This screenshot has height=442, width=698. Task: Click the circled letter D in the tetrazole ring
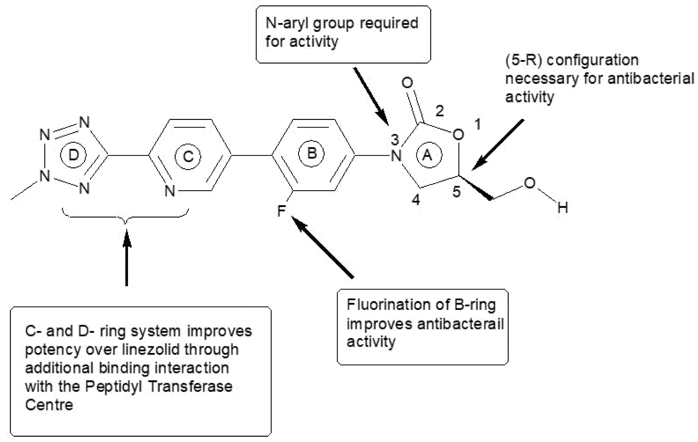(x=73, y=155)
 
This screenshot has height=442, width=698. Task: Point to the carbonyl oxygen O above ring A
(x=407, y=83)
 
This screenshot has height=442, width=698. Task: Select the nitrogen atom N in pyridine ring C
(x=170, y=191)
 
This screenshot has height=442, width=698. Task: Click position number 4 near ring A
(x=416, y=200)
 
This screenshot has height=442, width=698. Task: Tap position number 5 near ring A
(x=456, y=192)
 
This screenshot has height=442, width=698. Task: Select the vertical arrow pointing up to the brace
(x=126, y=258)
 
